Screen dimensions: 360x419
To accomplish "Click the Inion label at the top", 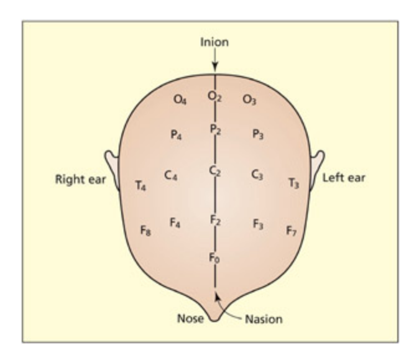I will (x=214, y=43).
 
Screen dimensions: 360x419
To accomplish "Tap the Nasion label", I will (x=263, y=320).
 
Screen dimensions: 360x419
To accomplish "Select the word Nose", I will (x=191, y=320).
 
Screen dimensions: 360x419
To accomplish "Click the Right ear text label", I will (x=80, y=180).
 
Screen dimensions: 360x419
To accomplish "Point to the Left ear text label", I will (x=344, y=178).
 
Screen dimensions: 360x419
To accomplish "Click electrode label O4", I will (x=180, y=100).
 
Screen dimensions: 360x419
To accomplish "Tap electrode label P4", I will (x=177, y=134).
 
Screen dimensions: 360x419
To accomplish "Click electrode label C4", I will (x=171, y=176).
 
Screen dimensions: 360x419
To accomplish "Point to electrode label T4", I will (x=141, y=185).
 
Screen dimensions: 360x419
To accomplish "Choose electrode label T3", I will (x=293, y=183).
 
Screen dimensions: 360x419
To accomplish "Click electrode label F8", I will (x=145, y=231).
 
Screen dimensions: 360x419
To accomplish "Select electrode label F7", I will (x=292, y=231).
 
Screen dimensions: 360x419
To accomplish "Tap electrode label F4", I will (x=175, y=222).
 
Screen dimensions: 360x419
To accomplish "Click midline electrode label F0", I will (x=214, y=258).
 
